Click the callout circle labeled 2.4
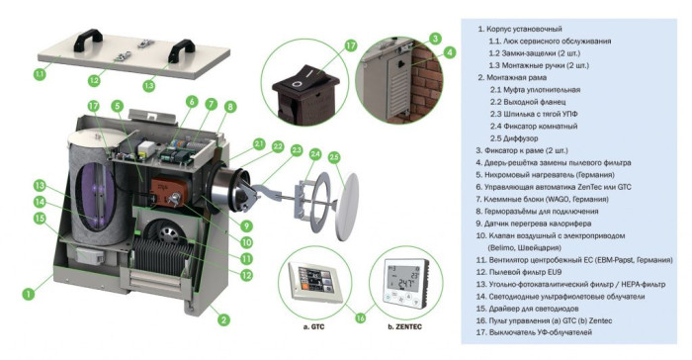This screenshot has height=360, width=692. point(314,153)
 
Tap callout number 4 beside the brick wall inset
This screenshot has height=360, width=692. point(449,51)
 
